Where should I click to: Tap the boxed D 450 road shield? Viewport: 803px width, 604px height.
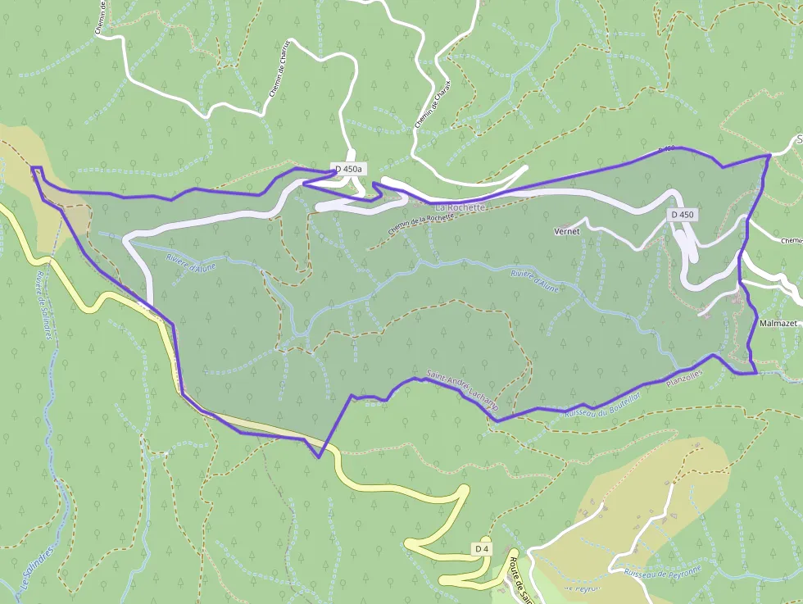click(x=682, y=215)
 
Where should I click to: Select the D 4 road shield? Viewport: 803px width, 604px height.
click(x=482, y=547)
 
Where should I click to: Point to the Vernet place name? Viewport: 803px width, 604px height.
click(x=566, y=231)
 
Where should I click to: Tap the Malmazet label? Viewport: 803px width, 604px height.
click(x=778, y=324)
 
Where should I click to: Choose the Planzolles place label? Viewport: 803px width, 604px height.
click(x=685, y=378)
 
